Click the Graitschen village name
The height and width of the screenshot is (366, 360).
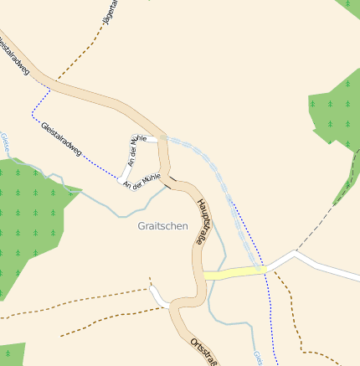click(162, 225)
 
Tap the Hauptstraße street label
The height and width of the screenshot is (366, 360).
click(203, 220)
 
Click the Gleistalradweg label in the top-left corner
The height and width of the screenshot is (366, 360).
click(14, 55)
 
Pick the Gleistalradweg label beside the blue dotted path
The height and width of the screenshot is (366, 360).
click(61, 137)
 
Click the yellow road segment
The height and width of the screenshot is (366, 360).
click(233, 272)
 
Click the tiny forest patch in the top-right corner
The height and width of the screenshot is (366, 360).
click(350, 4)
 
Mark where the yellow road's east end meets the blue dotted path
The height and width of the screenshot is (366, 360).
click(265, 269)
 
